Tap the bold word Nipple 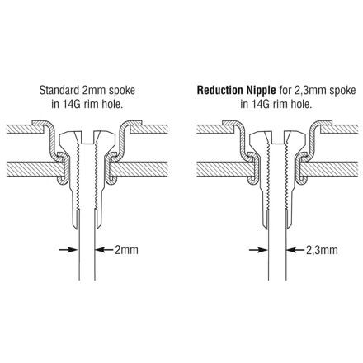point(259,91)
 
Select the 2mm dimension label point(126,250)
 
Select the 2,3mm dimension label point(322,250)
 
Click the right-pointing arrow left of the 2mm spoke point(68,250)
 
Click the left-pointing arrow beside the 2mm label point(104,250)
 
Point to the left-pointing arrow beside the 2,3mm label point(295,250)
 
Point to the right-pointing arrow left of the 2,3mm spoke point(258,250)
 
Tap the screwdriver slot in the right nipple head point(277,138)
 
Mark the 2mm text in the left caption point(95,91)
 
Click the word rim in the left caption point(88,105)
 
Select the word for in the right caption point(285,90)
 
